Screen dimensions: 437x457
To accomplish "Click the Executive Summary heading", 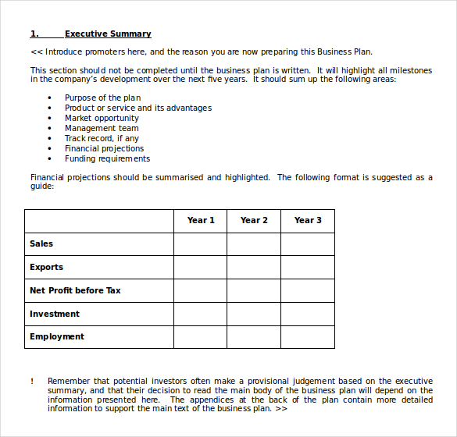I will pyautogui.click(x=108, y=34).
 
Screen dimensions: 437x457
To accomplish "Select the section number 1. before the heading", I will pyautogui.click(x=34, y=34).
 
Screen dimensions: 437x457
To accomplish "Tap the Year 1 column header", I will pyautogui.click(x=201, y=220).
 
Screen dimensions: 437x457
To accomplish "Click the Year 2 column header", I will pyautogui.click(x=254, y=220).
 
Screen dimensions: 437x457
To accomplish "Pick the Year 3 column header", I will pyautogui.click(x=308, y=220).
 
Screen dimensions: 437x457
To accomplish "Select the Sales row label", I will pyautogui.click(x=41, y=243).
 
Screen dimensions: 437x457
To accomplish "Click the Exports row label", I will pyautogui.click(x=46, y=267).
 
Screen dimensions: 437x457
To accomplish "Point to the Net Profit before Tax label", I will pyautogui.click(x=75, y=290).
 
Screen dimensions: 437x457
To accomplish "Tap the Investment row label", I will pyautogui.click(x=55, y=314).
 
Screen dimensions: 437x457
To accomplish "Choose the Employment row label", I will pyautogui.click(x=57, y=336).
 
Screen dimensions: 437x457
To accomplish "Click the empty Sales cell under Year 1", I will pyautogui.click(x=200, y=244).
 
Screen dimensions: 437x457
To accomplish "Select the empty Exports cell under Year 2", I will pyautogui.click(x=254, y=268).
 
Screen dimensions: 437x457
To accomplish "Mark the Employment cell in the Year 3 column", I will pyautogui.click(x=308, y=337).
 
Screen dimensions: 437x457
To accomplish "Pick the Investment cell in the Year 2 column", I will pyautogui.click(x=254, y=314).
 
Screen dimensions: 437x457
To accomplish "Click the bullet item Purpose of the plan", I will pyautogui.click(x=102, y=98).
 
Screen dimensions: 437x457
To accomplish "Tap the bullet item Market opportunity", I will pyautogui.click(x=102, y=118).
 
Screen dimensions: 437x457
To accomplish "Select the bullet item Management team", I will pyautogui.click(x=102, y=128).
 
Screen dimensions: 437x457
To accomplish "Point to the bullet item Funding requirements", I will pyautogui.click(x=107, y=158).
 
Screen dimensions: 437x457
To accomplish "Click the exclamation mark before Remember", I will pyautogui.click(x=32, y=381).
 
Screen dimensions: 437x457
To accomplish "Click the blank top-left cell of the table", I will pyautogui.click(x=98, y=221).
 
